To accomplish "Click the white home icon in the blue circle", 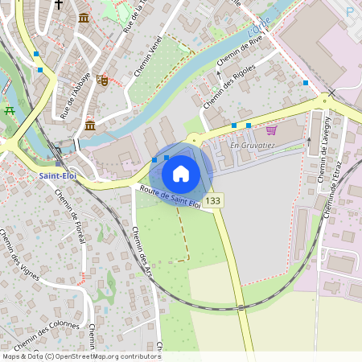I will point(181,173).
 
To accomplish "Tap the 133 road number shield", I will point(212,200).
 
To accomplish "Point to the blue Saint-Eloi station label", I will point(57,175).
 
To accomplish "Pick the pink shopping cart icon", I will point(272,130).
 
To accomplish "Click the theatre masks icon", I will point(102,80).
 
